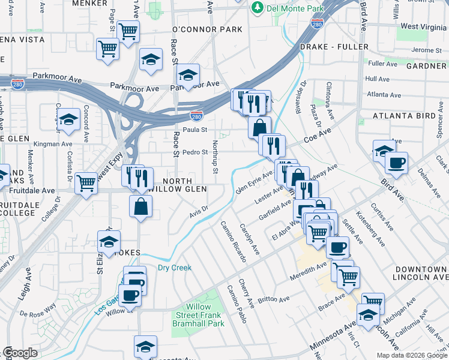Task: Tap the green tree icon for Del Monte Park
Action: coord(258,7)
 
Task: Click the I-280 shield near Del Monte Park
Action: coord(318,23)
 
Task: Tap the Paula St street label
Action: coord(195,130)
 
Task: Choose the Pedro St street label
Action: coord(195,152)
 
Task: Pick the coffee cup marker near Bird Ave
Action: coord(396,161)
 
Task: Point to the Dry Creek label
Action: coord(174,268)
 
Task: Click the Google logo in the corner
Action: coord(20,353)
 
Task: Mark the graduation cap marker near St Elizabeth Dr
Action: coord(109,241)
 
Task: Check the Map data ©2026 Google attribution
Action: coord(411,355)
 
